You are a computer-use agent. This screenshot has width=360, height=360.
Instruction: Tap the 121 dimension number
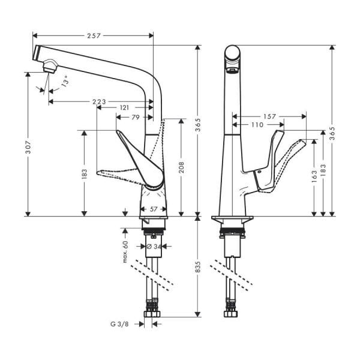coord(124,107)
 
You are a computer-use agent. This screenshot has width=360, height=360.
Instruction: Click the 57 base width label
coord(153,209)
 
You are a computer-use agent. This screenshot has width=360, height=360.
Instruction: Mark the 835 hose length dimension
coord(199,270)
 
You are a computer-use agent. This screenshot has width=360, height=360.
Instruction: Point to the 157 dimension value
coord(269,116)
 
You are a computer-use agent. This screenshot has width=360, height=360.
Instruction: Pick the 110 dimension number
coord(257,125)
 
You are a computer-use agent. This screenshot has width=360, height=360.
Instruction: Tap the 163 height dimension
coord(314,178)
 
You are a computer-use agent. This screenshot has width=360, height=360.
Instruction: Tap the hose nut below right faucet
coord(230,314)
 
